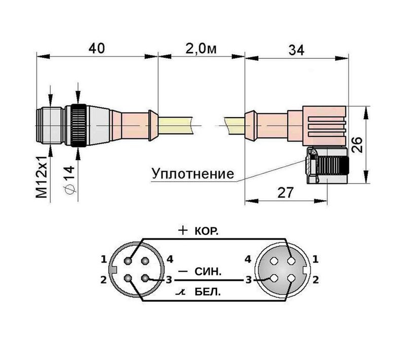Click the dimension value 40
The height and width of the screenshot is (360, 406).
(96, 48)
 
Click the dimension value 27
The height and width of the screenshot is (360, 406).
(286, 192)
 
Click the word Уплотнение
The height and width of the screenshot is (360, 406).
(193, 174)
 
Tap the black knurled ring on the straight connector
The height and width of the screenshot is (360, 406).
(78, 125)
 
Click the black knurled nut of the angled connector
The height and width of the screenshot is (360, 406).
(334, 166)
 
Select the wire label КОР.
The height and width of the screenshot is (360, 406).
(207, 231)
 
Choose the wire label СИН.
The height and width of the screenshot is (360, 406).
(208, 272)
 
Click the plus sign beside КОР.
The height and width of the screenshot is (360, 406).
(183, 231)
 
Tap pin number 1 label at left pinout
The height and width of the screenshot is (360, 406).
(104, 260)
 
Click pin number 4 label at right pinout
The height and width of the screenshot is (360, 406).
(248, 260)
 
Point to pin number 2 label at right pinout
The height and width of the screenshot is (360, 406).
(316, 279)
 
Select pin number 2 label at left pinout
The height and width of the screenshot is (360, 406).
(104, 279)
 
